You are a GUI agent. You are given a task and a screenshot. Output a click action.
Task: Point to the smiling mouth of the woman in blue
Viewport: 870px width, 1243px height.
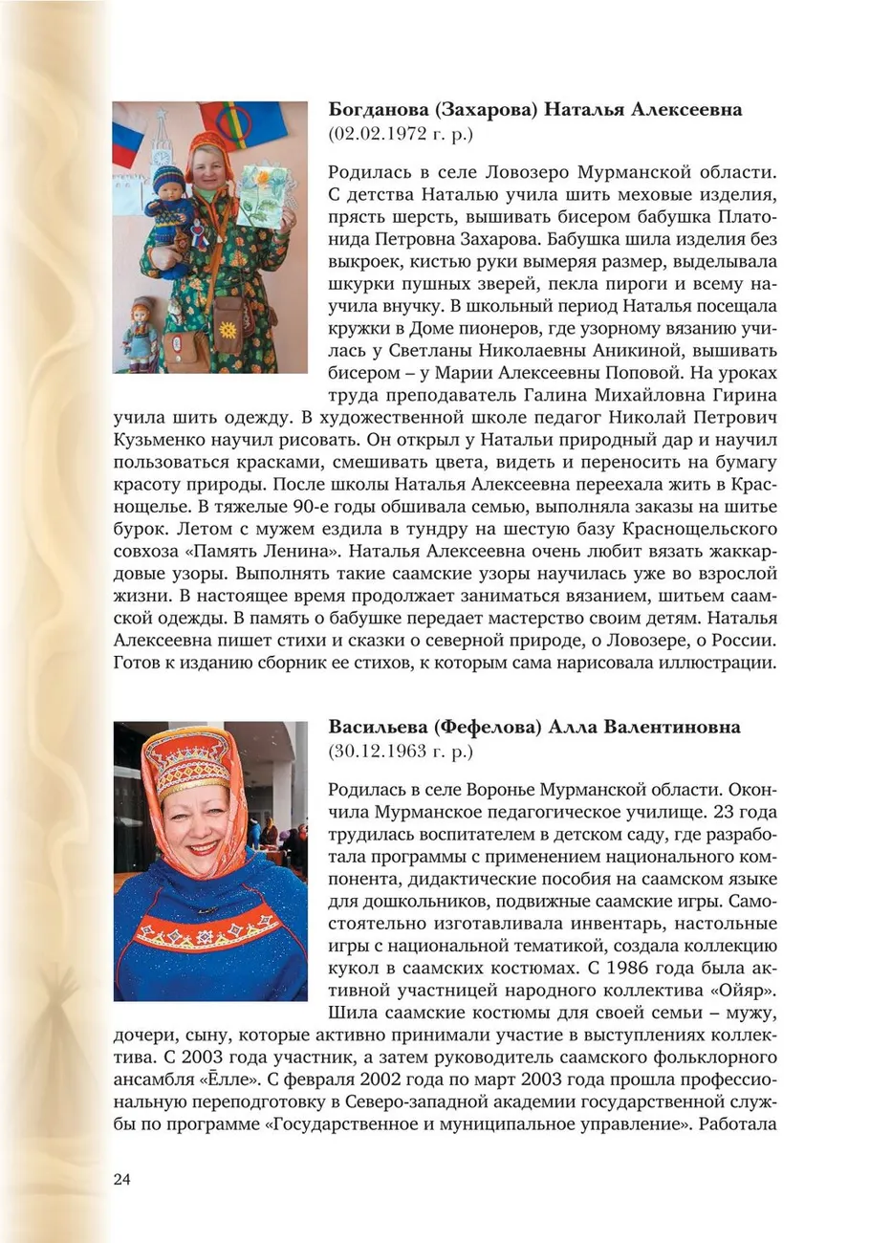coord(202,847)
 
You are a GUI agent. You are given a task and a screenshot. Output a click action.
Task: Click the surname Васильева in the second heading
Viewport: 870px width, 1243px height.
coord(377,728)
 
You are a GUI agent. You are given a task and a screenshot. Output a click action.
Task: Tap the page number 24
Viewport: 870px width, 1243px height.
coord(121,1178)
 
